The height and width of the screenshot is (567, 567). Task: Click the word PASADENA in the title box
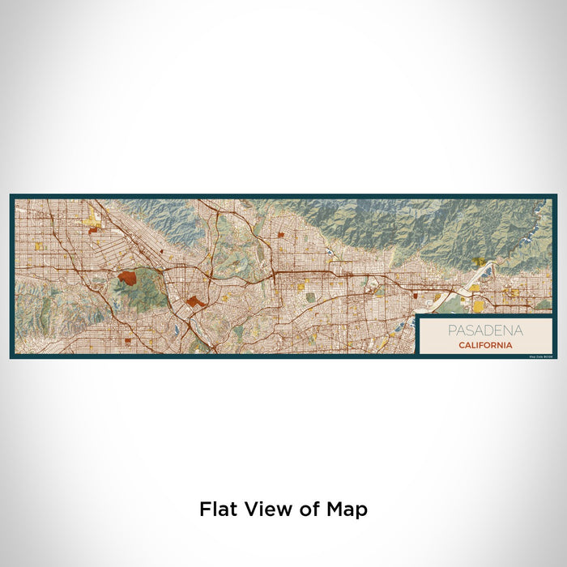484,330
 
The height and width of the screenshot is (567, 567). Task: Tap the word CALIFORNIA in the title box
484,345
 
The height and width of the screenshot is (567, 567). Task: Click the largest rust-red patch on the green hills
127,277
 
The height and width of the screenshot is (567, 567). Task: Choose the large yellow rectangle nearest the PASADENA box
478,305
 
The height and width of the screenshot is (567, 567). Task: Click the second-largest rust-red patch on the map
195,301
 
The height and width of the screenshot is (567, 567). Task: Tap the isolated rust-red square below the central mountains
280,235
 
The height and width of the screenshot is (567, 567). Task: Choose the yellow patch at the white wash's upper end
478,263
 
